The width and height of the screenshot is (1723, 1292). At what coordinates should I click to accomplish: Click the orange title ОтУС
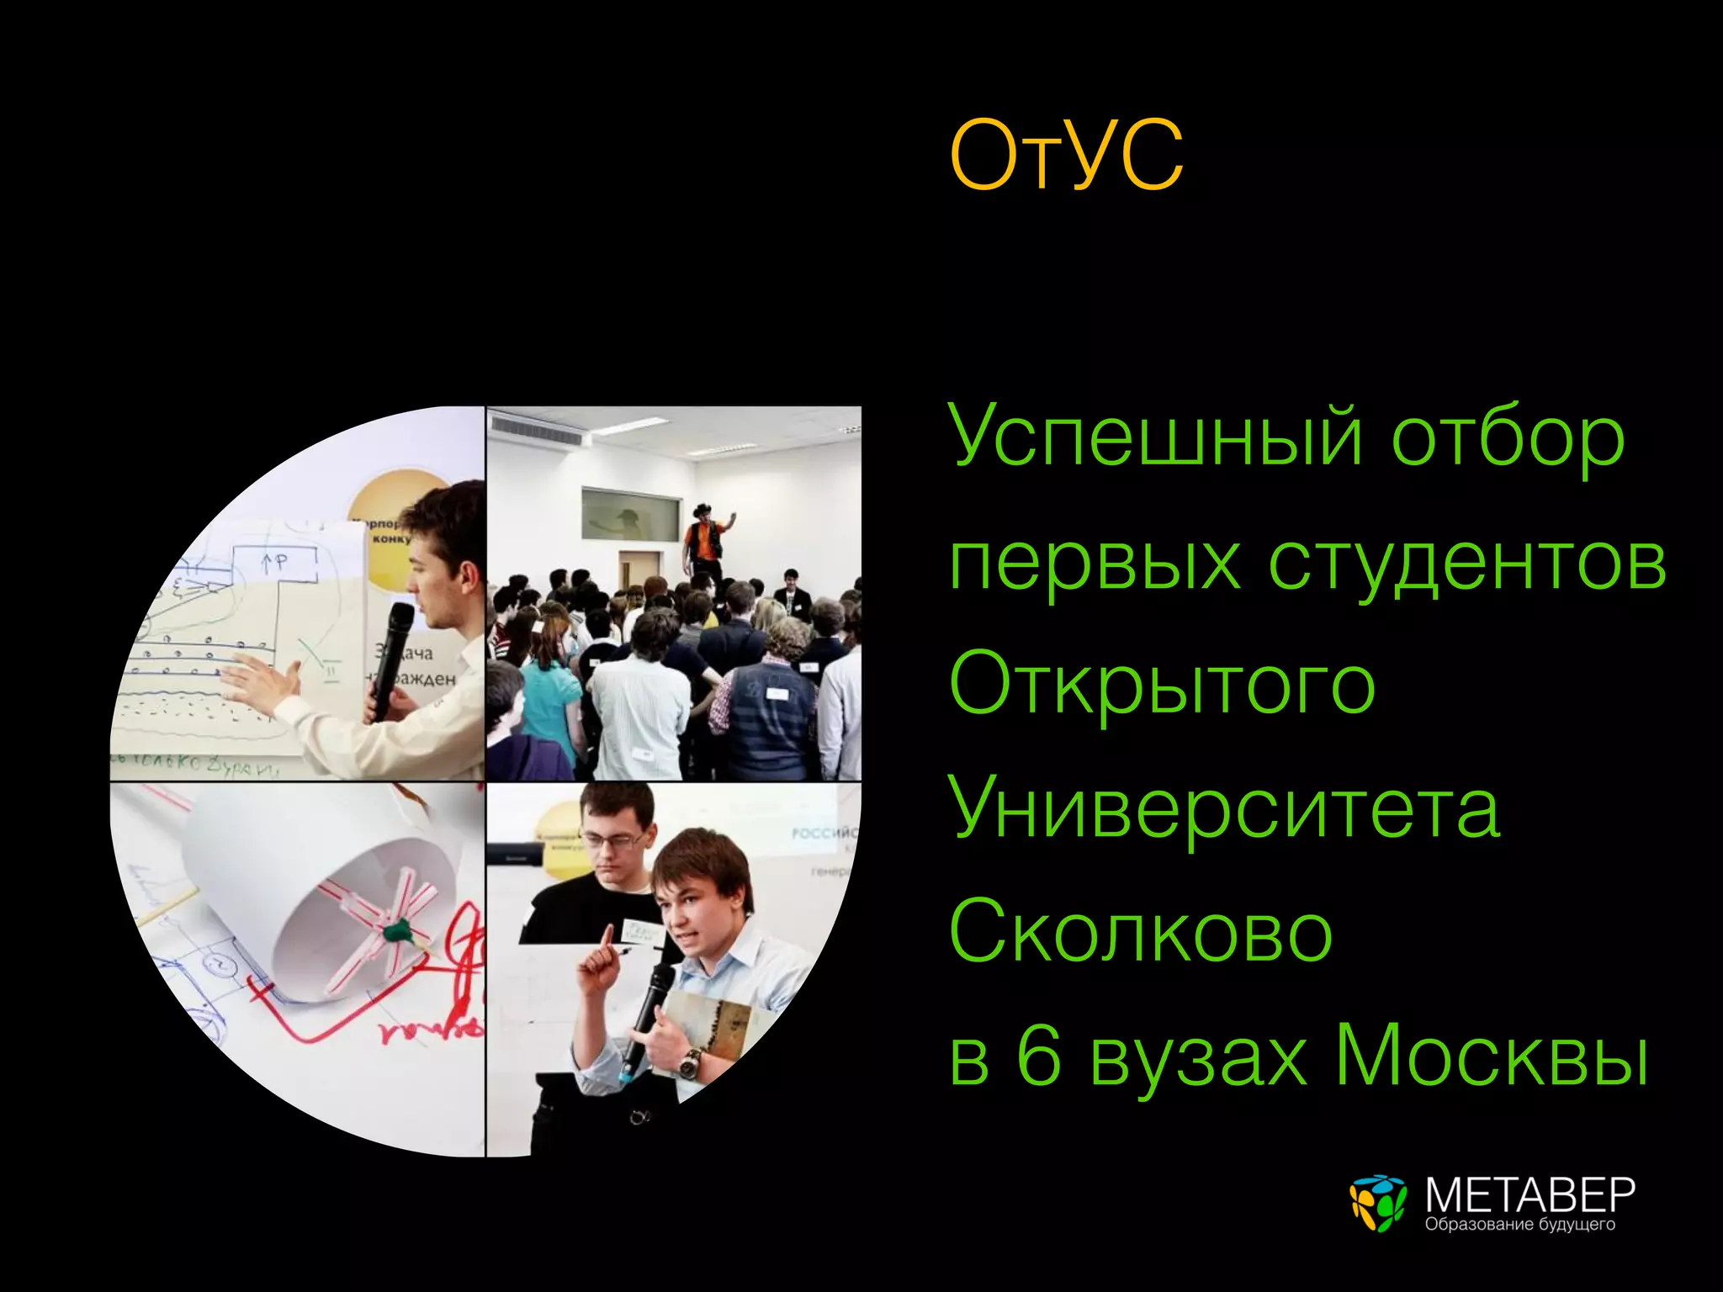(1066, 156)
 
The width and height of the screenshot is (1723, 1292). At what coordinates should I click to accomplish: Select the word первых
(1094, 564)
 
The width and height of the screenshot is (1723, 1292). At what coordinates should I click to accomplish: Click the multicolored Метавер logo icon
(1377, 1203)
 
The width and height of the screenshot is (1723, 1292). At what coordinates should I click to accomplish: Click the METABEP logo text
(1529, 1194)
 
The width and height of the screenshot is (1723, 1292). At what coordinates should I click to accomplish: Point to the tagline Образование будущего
(1519, 1224)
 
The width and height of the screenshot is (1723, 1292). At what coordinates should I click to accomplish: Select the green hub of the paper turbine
(395, 930)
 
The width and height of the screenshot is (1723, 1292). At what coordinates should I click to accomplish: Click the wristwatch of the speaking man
(690, 1063)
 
